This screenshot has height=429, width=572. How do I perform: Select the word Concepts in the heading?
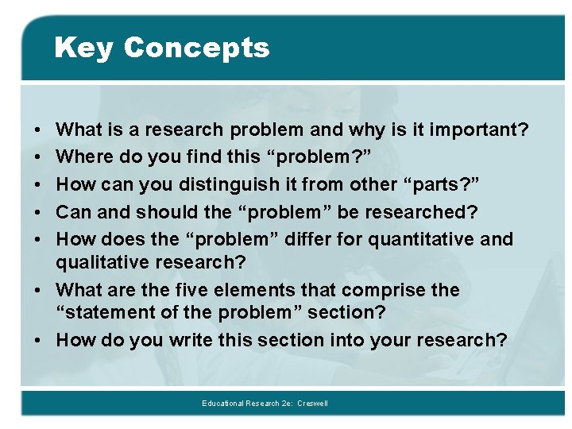196,48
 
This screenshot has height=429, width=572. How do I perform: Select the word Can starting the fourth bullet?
74,212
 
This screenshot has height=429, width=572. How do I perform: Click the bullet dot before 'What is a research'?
38,129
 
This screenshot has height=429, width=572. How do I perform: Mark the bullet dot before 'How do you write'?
38,340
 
